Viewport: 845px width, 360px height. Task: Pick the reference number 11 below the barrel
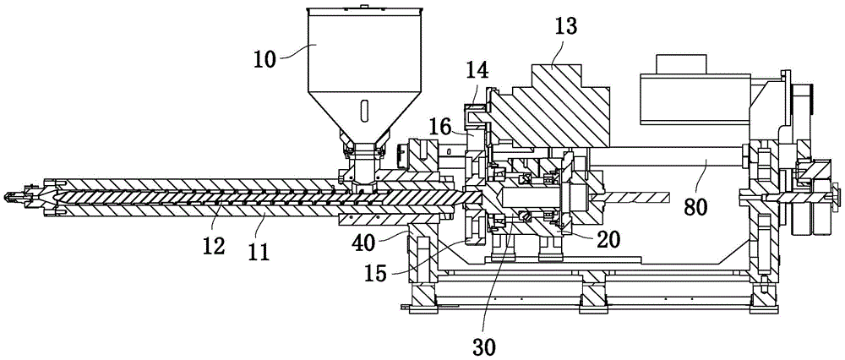257,251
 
